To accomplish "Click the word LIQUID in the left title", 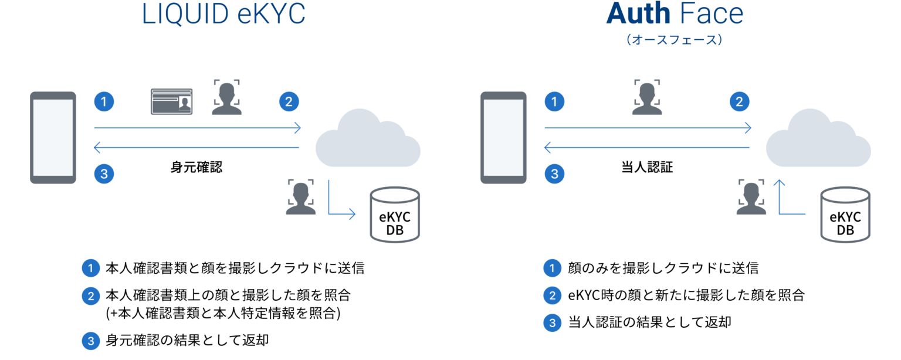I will pyautogui.click(x=185, y=14).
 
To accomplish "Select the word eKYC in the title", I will pyautogui.click(x=271, y=14).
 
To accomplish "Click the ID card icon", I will pyautogui.click(x=171, y=101).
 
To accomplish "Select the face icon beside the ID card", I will pyautogui.click(x=226, y=97).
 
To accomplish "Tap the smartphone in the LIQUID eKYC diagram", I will pyautogui.click(x=53, y=138).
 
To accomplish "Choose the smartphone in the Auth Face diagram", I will pyautogui.click(x=503, y=138).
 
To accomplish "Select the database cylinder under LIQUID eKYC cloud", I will pyautogui.click(x=395, y=215).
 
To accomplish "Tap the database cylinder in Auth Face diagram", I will pyautogui.click(x=845, y=215).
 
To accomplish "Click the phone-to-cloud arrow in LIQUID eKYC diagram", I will pyautogui.click(x=198, y=127).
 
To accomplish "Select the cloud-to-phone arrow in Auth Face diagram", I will pyautogui.click(x=647, y=147).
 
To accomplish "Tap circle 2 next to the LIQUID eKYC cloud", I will pyautogui.click(x=289, y=102).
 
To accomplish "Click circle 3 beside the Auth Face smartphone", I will pyautogui.click(x=554, y=174).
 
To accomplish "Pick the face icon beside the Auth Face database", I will pyautogui.click(x=751, y=197).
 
